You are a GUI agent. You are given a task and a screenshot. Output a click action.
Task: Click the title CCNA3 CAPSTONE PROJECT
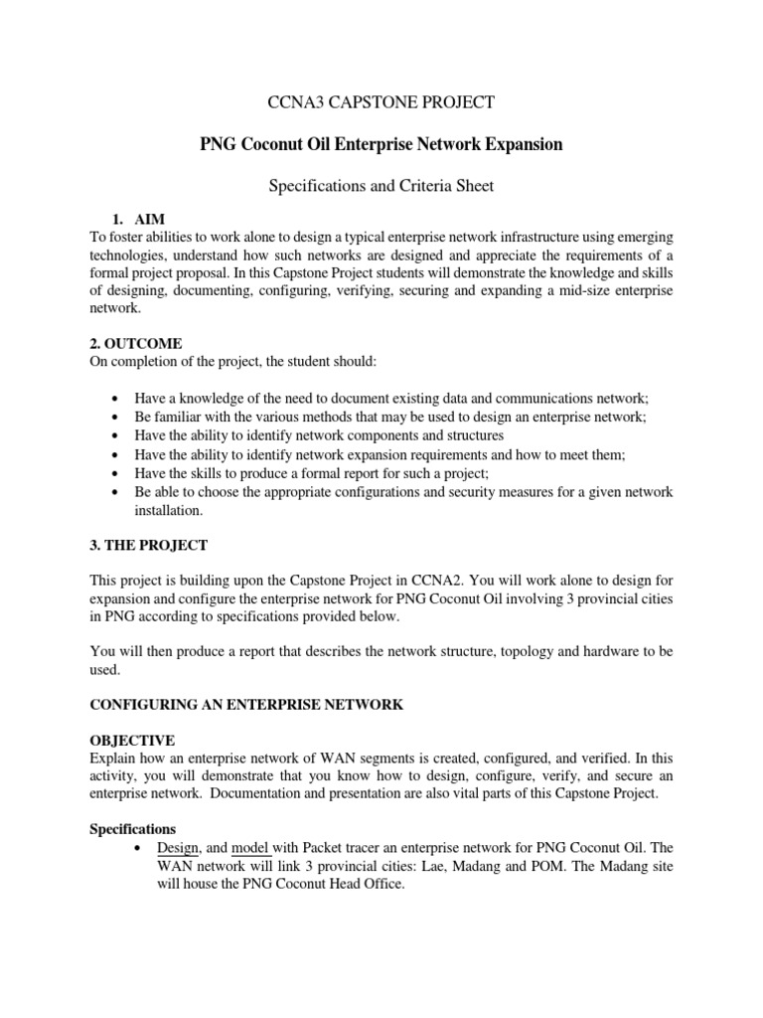point(382,101)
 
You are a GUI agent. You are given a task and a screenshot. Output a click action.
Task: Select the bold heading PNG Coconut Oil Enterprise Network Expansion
point(381,144)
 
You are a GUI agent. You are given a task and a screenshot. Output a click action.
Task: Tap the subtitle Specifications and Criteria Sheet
point(381,185)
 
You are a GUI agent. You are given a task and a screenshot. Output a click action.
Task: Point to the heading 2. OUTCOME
point(136,343)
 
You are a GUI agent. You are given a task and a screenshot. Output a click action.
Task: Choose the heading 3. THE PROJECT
point(150,546)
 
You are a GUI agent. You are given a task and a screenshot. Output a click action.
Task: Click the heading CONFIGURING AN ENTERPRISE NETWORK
point(246,704)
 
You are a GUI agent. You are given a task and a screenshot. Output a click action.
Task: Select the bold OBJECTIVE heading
point(132,741)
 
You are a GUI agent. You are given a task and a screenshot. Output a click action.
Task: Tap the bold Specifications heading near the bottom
point(133,828)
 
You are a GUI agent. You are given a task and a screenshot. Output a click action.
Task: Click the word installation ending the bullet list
point(168,510)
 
